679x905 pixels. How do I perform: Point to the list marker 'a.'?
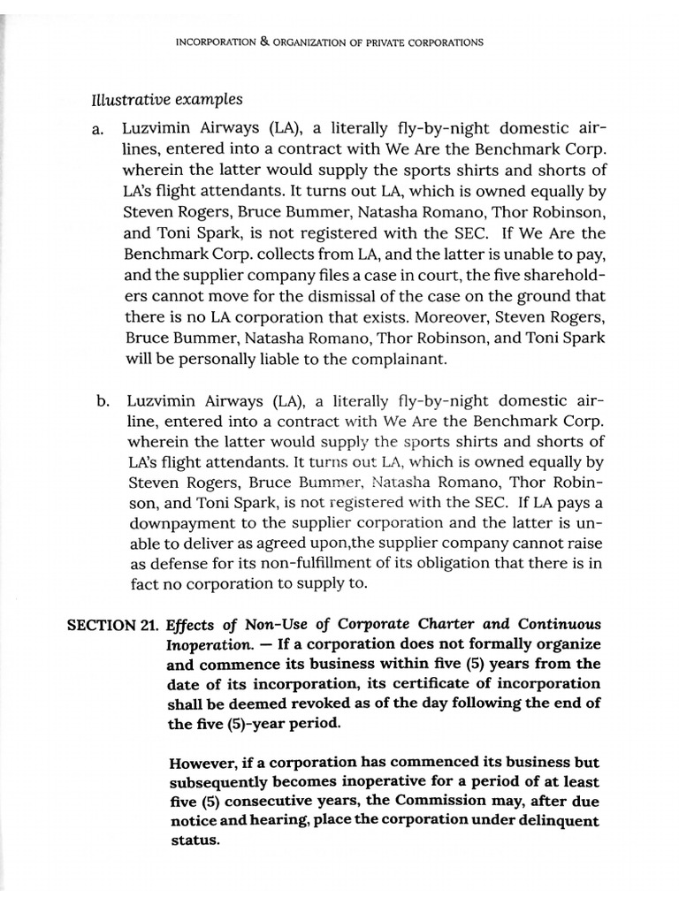tap(98, 130)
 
